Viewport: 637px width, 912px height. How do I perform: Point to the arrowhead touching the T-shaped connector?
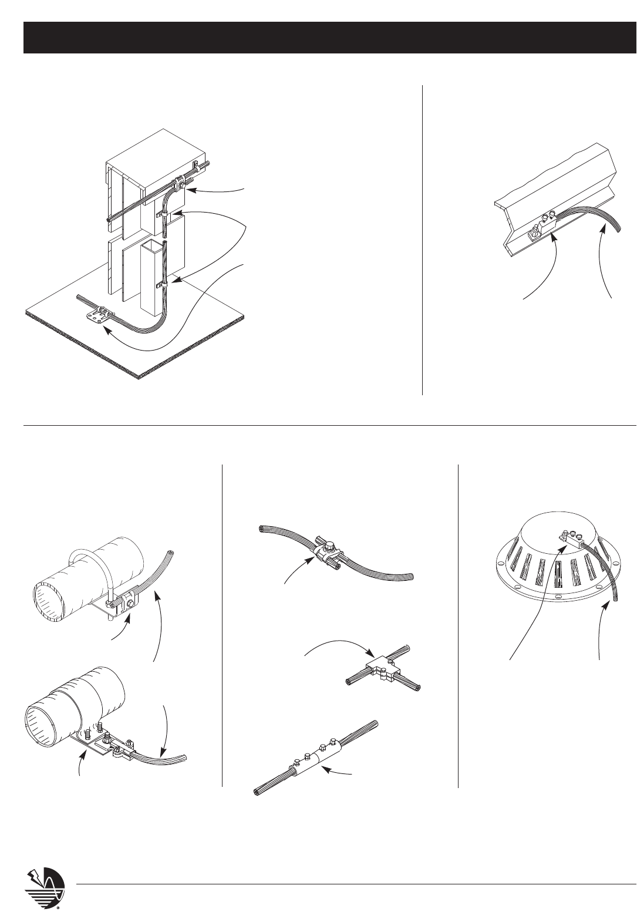coord(372,655)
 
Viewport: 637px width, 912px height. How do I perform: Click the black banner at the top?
coord(329,38)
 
